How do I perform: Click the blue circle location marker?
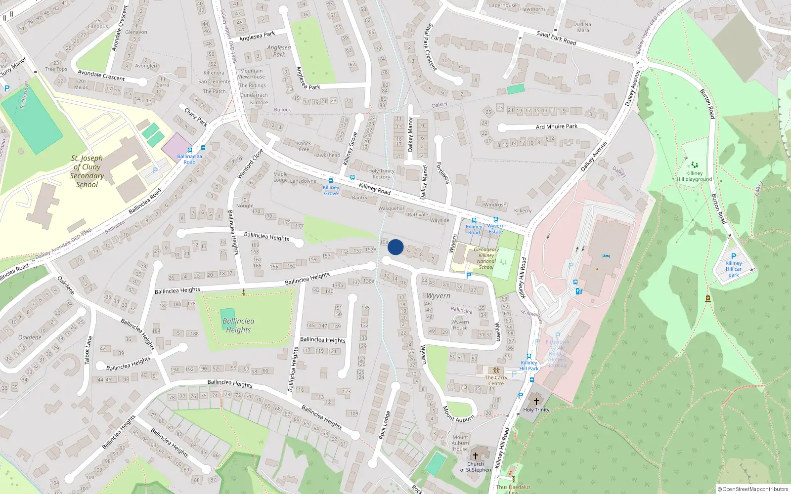(x=395, y=247)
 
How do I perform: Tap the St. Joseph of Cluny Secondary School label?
(x=87, y=171)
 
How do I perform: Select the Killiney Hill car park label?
(x=734, y=269)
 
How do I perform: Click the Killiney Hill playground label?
(x=695, y=176)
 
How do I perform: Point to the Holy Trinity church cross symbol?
(x=536, y=401)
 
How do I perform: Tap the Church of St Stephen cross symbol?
(x=476, y=456)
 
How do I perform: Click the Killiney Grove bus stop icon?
(x=331, y=181)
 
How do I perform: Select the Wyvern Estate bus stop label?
(x=496, y=229)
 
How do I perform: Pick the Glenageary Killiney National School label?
(x=486, y=258)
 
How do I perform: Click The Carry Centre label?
(x=496, y=380)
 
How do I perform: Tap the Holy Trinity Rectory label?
(x=381, y=174)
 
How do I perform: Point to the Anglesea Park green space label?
(x=279, y=51)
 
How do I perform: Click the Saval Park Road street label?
(x=556, y=38)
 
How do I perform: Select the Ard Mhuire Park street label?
(x=557, y=126)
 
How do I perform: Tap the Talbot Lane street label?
(x=88, y=350)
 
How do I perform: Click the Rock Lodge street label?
(x=384, y=425)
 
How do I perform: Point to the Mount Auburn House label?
(x=460, y=443)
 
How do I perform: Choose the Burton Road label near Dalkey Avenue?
(x=707, y=104)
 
